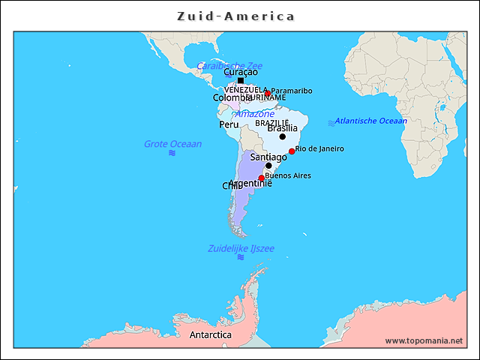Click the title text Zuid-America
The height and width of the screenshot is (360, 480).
[x=236, y=16]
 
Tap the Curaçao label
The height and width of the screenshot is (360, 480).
[x=241, y=72]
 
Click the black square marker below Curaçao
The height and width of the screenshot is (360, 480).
[x=241, y=80]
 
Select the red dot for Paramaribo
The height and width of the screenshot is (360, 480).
[x=267, y=94]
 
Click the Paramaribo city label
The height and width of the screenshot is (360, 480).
[x=292, y=91]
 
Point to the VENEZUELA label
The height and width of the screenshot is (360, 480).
[x=245, y=89]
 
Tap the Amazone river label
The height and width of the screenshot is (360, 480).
[x=255, y=114]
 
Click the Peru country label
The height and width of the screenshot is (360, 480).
[x=229, y=124]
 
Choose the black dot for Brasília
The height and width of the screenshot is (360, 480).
[x=283, y=136]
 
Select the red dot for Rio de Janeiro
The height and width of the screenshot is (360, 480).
[x=292, y=151]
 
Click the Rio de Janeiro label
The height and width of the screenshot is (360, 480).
[x=319, y=148]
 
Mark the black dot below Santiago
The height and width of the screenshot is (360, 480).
[x=268, y=166]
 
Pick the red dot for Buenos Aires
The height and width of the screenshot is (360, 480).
[x=261, y=178]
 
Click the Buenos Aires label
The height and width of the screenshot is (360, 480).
[x=288, y=175]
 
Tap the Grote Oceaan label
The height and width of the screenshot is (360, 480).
[x=172, y=144]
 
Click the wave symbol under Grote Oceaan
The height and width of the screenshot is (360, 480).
[x=172, y=153]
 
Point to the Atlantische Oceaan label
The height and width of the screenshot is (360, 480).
[x=370, y=121]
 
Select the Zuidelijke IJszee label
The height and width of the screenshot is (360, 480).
[x=241, y=248]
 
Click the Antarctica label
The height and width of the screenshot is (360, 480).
[x=210, y=334]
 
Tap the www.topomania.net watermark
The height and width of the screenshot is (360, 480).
[x=424, y=340]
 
